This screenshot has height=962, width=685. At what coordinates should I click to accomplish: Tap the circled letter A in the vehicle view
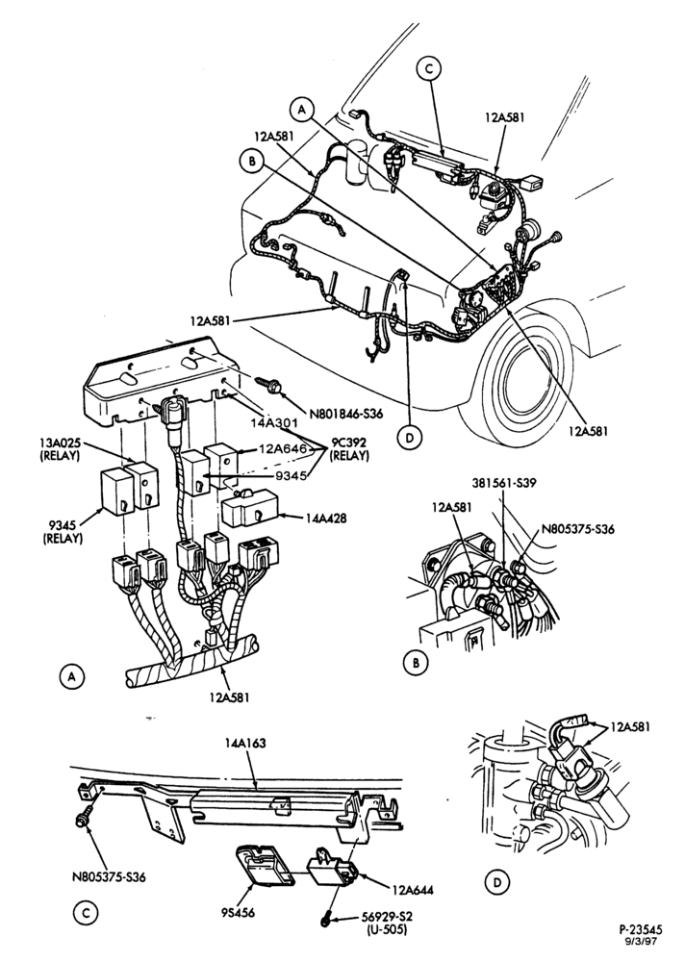[x=301, y=110]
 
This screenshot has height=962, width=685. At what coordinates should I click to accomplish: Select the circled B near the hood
[x=252, y=162]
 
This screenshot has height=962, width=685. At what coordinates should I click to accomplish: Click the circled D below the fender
[x=410, y=438]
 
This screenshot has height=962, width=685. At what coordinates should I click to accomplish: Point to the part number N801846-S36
[x=346, y=414]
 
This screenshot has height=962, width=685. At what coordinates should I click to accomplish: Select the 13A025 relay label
[x=60, y=448]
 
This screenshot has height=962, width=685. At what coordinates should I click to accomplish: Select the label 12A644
[x=411, y=890]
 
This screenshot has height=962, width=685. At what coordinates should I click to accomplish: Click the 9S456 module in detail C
[x=265, y=865]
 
